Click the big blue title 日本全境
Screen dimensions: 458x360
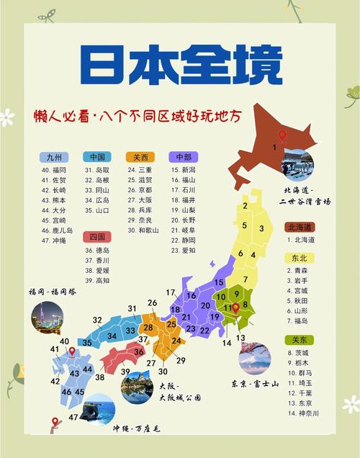click(179, 67)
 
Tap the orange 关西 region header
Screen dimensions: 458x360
click(140, 157)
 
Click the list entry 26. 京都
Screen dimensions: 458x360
click(140, 190)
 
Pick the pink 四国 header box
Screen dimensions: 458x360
click(97, 236)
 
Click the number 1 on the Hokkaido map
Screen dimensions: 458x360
click(274, 148)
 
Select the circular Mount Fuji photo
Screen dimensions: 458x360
click(255, 358)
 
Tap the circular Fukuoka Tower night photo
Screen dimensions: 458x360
click(47, 316)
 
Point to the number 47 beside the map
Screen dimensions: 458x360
click(73, 417)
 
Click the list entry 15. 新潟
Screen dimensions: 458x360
click(185, 170)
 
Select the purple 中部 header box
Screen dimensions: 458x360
click(184, 157)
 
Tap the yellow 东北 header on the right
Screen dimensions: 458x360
click(299, 258)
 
